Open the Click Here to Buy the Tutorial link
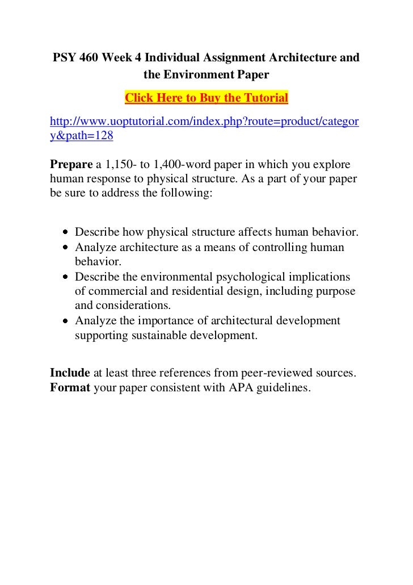pyautogui.click(x=206, y=98)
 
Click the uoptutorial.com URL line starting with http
pyautogui.click(x=204, y=122)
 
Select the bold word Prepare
pyautogui.click(x=71, y=165)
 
